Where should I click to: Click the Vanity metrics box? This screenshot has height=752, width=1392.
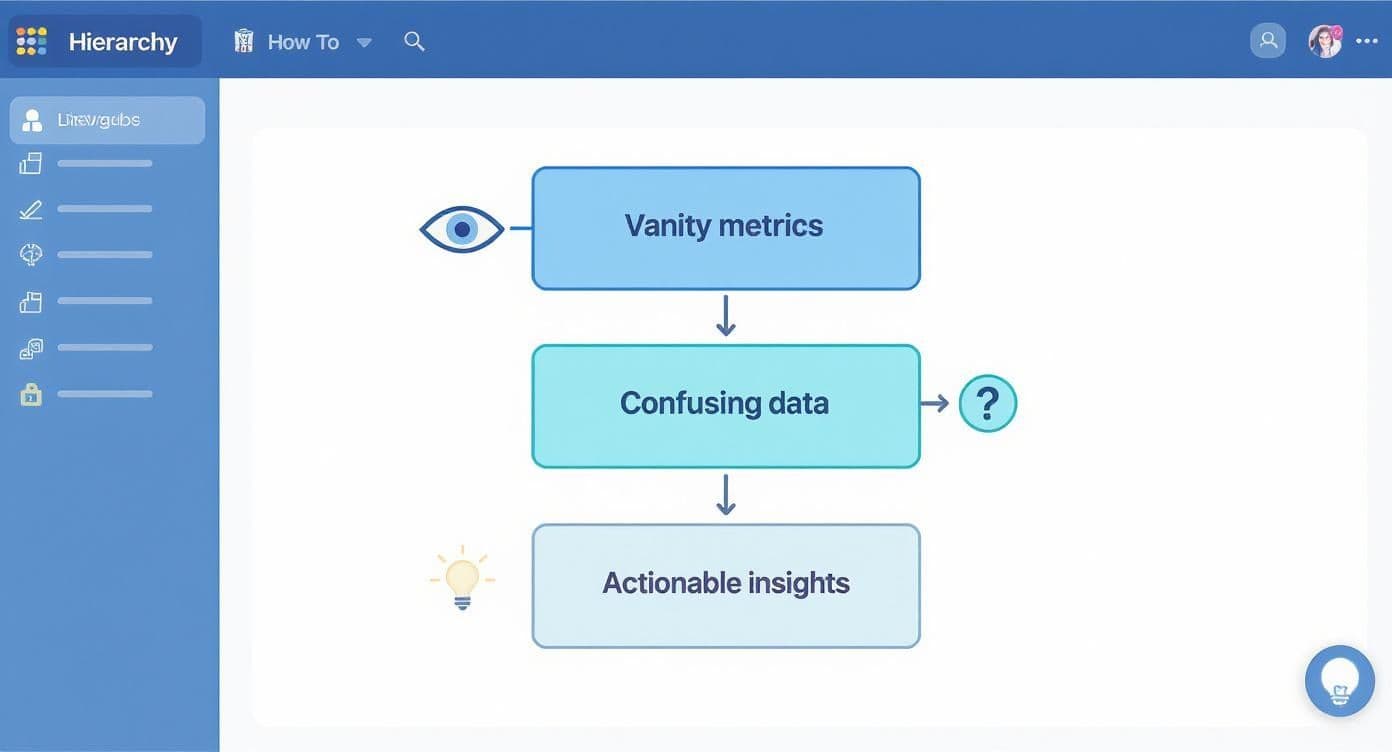725,228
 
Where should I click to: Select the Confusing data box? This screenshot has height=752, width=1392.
725,405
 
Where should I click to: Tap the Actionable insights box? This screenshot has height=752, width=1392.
725,585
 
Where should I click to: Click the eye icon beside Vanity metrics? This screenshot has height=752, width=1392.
462,229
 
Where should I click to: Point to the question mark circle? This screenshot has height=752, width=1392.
987,404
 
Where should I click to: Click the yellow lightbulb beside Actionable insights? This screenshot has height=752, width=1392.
462,578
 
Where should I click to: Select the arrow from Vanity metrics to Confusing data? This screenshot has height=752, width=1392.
726,316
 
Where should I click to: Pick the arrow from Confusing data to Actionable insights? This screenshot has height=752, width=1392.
726,495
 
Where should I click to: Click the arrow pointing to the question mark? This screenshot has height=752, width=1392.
935,403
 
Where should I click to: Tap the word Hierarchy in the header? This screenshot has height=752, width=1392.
123,42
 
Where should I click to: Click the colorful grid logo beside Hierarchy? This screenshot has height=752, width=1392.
31,41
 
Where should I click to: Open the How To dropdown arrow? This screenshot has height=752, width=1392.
364,42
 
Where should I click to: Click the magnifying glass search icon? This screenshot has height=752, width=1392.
414,41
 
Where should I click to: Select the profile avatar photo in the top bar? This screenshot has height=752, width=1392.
1325,41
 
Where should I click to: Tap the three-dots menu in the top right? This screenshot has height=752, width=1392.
1367,41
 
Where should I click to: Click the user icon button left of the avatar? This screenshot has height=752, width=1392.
1268,41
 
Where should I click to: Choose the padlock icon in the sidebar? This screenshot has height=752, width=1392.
31,394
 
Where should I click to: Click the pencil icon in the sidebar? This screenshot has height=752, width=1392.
31,209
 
